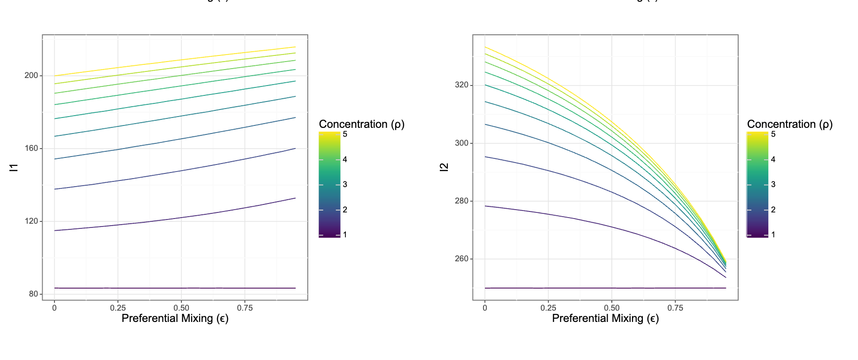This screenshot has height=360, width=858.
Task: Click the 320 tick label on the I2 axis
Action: pos(462,85)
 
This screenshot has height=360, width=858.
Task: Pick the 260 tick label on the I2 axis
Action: pos(462,259)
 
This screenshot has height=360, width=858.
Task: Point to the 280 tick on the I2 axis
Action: pos(462,201)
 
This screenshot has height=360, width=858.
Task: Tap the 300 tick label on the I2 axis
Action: pos(462,143)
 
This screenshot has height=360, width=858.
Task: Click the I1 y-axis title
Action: pos(14,167)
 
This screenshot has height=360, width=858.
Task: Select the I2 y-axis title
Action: pos(444,167)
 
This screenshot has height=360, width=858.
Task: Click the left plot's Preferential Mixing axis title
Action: pos(175,319)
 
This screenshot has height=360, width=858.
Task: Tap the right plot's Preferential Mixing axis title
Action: pos(605,319)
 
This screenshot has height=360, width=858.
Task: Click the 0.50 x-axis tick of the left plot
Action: pos(181,308)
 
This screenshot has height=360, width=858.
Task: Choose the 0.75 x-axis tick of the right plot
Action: pos(675,308)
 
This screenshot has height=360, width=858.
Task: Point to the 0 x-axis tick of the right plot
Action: pos(485,308)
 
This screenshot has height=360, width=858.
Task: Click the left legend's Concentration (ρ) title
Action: pos(361,124)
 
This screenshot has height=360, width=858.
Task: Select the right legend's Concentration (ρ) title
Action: pos(789,124)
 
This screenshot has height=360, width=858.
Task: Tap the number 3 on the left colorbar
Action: pos(345,185)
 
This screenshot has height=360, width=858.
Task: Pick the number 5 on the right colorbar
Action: pos(773,134)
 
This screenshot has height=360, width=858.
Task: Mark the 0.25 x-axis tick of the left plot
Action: pos(118,308)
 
